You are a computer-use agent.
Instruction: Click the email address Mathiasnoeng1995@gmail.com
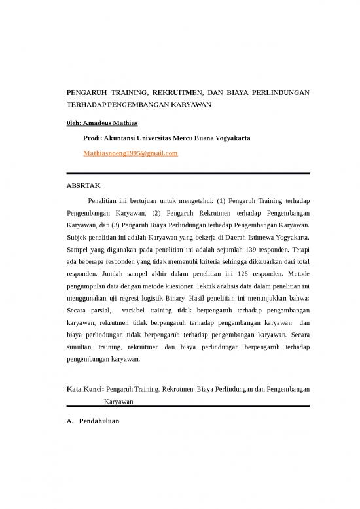[x=131, y=153]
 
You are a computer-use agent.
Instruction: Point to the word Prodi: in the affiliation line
[x=94, y=138]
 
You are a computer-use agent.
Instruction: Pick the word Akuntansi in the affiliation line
[x=122, y=138]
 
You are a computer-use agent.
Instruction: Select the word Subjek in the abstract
[x=79, y=236]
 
